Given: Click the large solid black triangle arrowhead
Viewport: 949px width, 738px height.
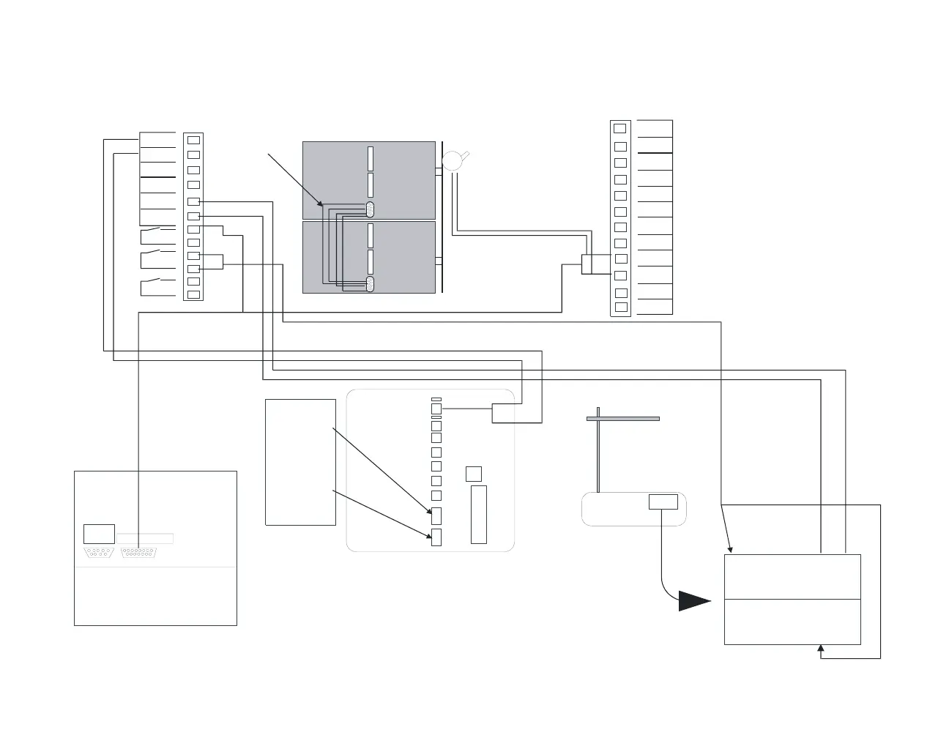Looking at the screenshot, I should (x=693, y=601).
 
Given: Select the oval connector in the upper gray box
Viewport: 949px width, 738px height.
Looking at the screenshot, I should (x=370, y=209).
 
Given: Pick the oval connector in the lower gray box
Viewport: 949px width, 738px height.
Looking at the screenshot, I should (x=370, y=284).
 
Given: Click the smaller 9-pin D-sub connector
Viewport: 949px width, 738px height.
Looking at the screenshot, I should (x=99, y=553).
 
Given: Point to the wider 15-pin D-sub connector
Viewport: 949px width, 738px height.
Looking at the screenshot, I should (x=138, y=553).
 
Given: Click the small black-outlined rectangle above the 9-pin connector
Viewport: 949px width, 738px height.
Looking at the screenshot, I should (x=99, y=534).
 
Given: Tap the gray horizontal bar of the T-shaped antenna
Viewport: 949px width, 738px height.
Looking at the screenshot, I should (x=623, y=419).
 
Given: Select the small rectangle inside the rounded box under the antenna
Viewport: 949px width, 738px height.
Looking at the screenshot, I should (x=663, y=502).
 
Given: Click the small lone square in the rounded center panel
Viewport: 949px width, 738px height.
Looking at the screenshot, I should (x=474, y=474).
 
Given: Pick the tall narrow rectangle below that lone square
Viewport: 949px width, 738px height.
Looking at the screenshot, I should (x=478, y=514).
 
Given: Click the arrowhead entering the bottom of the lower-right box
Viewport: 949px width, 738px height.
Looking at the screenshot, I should (x=821, y=649).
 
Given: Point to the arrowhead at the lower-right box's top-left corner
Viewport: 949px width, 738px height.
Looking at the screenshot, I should (x=729, y=549).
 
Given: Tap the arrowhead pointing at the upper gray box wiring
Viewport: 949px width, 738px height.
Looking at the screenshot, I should (x=319, y=203).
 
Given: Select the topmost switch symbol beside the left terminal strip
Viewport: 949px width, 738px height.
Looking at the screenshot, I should (x=150, y=235).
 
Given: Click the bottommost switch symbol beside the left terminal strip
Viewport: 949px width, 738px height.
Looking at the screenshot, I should (x=150, y=285).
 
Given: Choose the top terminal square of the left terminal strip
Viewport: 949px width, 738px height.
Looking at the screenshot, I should (x=193, y=139).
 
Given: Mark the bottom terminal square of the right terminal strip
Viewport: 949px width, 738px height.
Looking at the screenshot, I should (x=620, y=307).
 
